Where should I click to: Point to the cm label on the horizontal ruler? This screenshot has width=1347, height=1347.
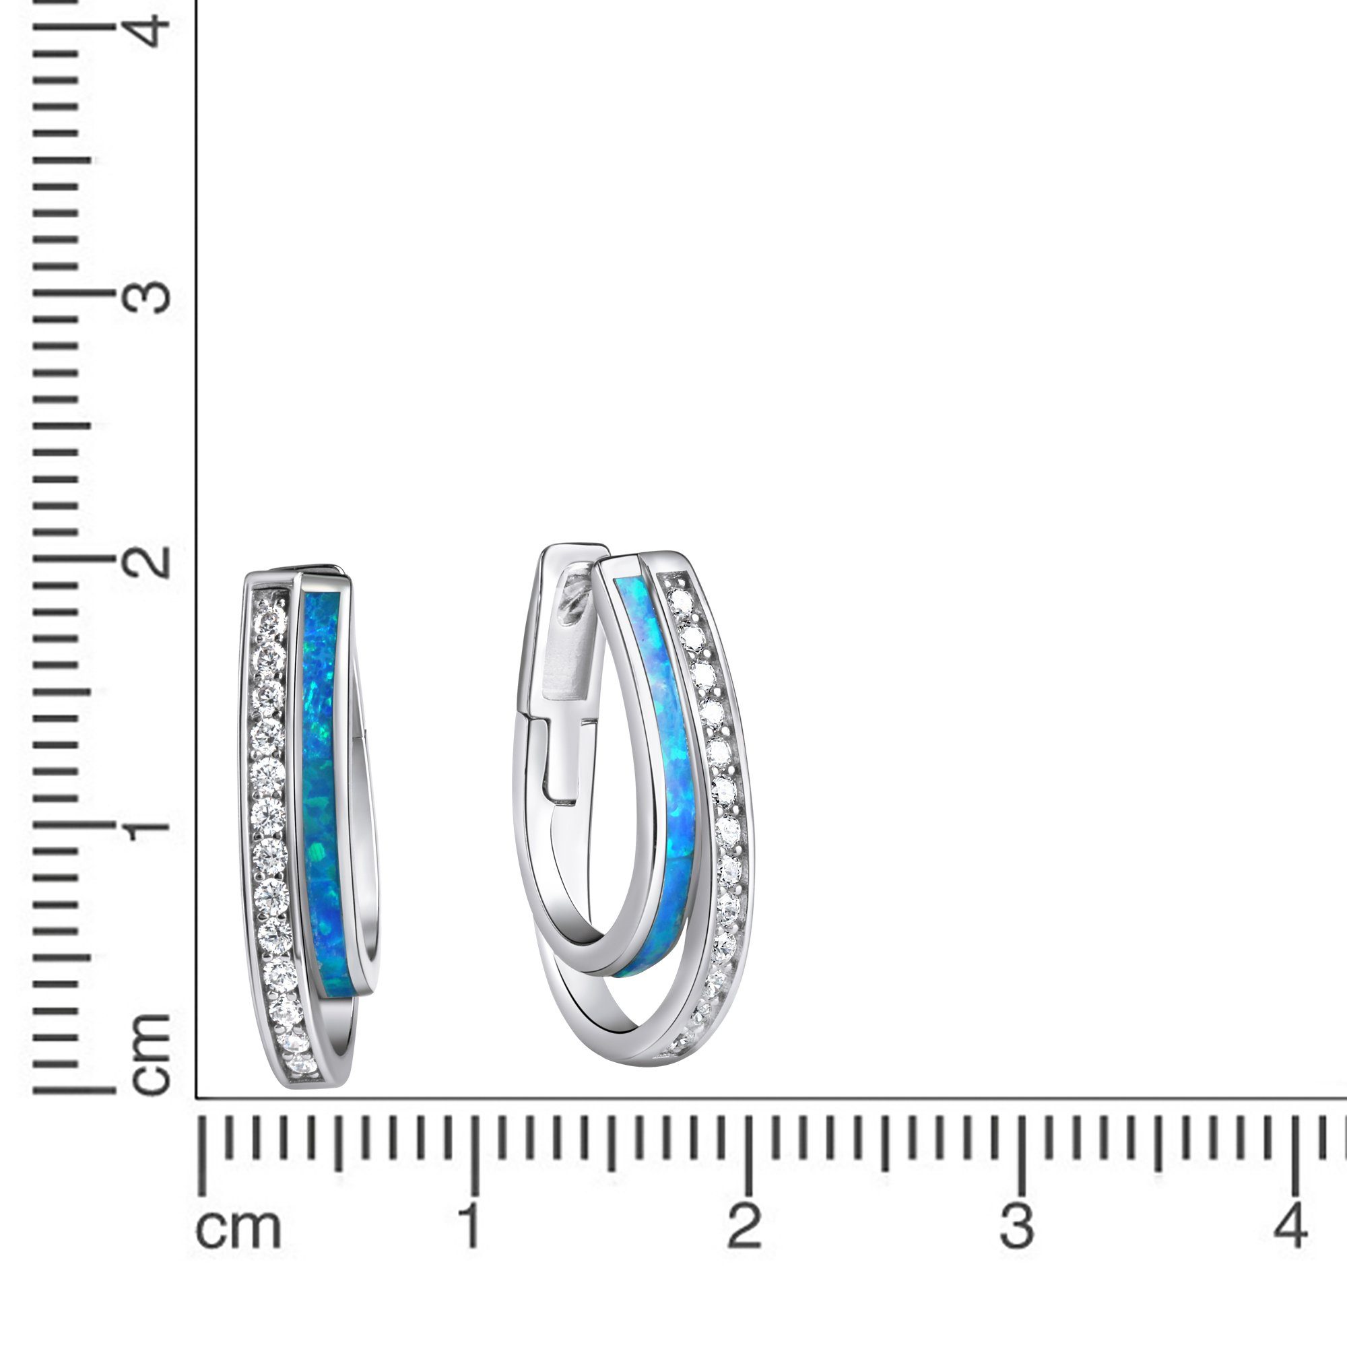[239, 1228]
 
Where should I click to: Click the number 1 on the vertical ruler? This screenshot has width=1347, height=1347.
[150, 827]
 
